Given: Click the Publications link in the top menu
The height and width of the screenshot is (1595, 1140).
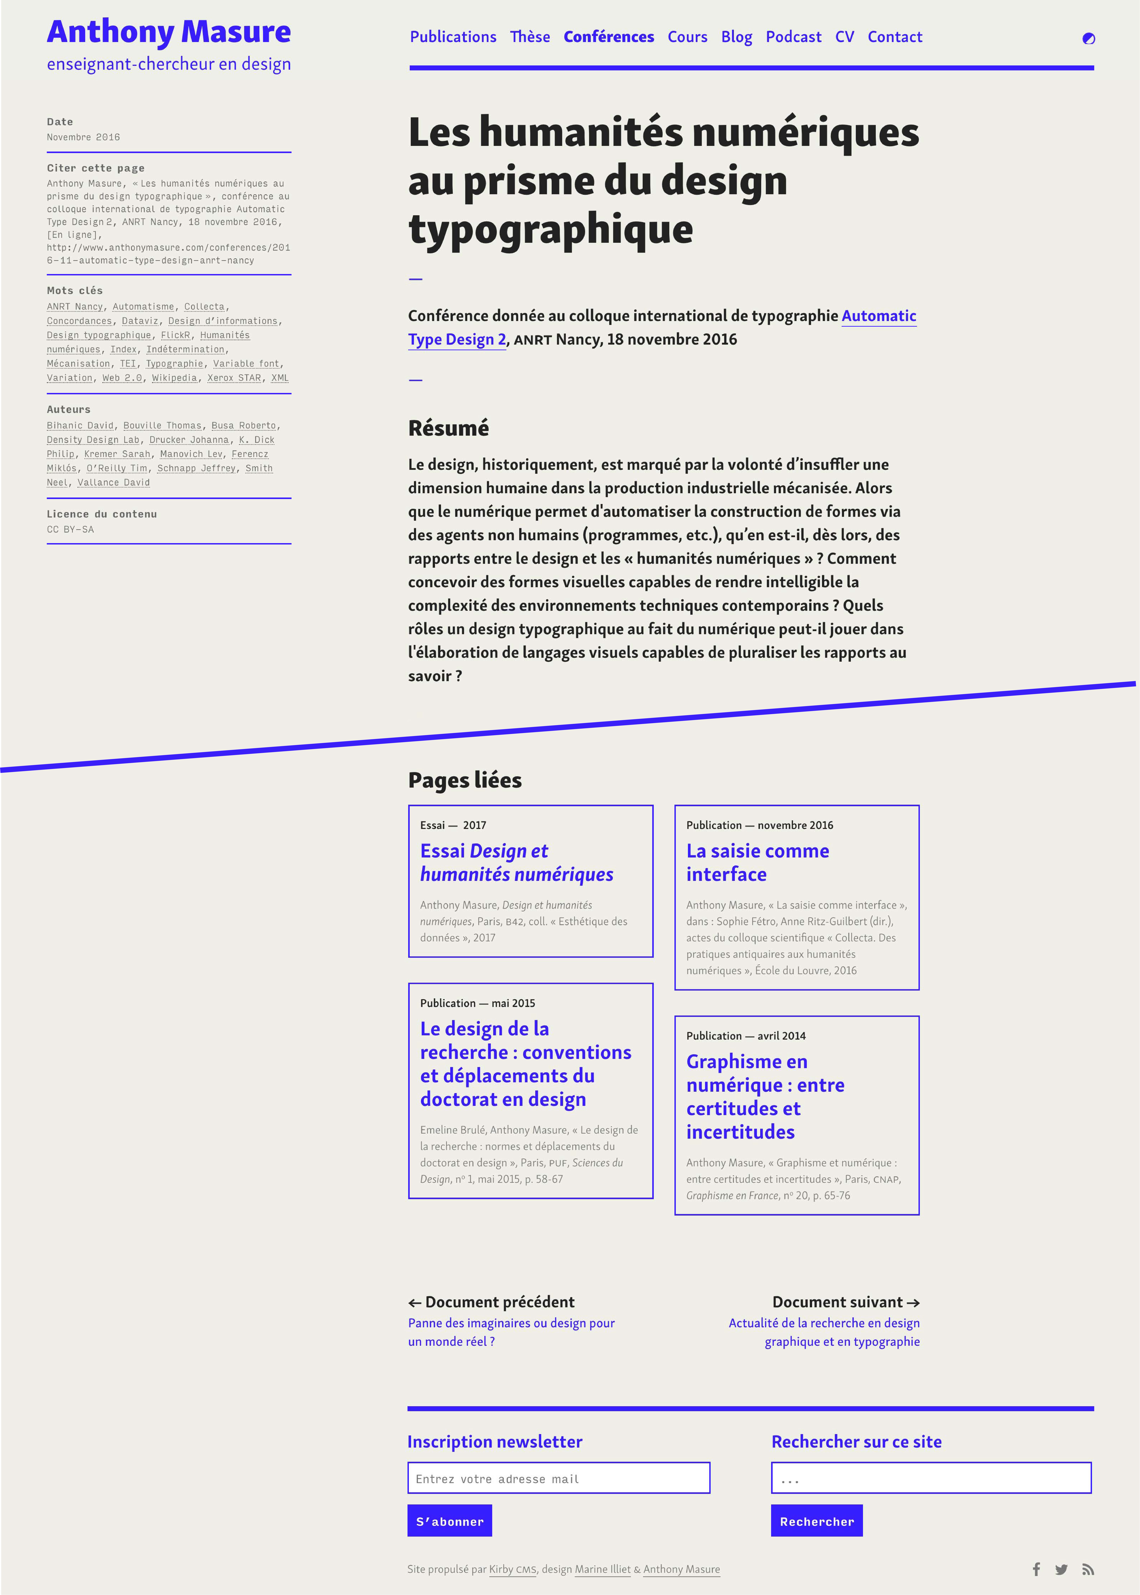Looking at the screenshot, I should click(453, 37).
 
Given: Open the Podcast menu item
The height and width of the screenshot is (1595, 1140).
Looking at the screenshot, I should click(793, 37).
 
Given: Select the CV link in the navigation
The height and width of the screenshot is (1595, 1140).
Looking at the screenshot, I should click(845, 37).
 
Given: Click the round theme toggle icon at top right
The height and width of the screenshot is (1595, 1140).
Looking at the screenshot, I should click(1088, 39).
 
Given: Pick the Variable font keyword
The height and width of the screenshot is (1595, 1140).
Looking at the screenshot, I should click(246, 364).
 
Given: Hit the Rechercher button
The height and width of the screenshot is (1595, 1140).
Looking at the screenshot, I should click(816, 1521).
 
